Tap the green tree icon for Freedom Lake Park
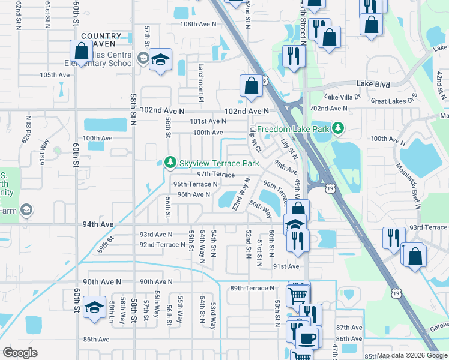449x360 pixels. pyautogui.click(x=339, y=128)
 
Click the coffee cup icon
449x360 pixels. pyautogui.click(x=309, y=338)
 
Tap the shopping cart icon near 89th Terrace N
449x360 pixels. pyautogui.click(x=298, y=295)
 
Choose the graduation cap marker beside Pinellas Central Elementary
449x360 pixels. pyautogui.click(x=160, y=60)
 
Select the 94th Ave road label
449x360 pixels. pyautogui.click(x=98, y=224)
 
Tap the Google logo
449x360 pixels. pyautogui.click(x=20, y=353)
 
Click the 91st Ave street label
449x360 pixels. pyautogui.click(x=286, y=266)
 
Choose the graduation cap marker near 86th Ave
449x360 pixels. pyautogui.click(x=94, y=307)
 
